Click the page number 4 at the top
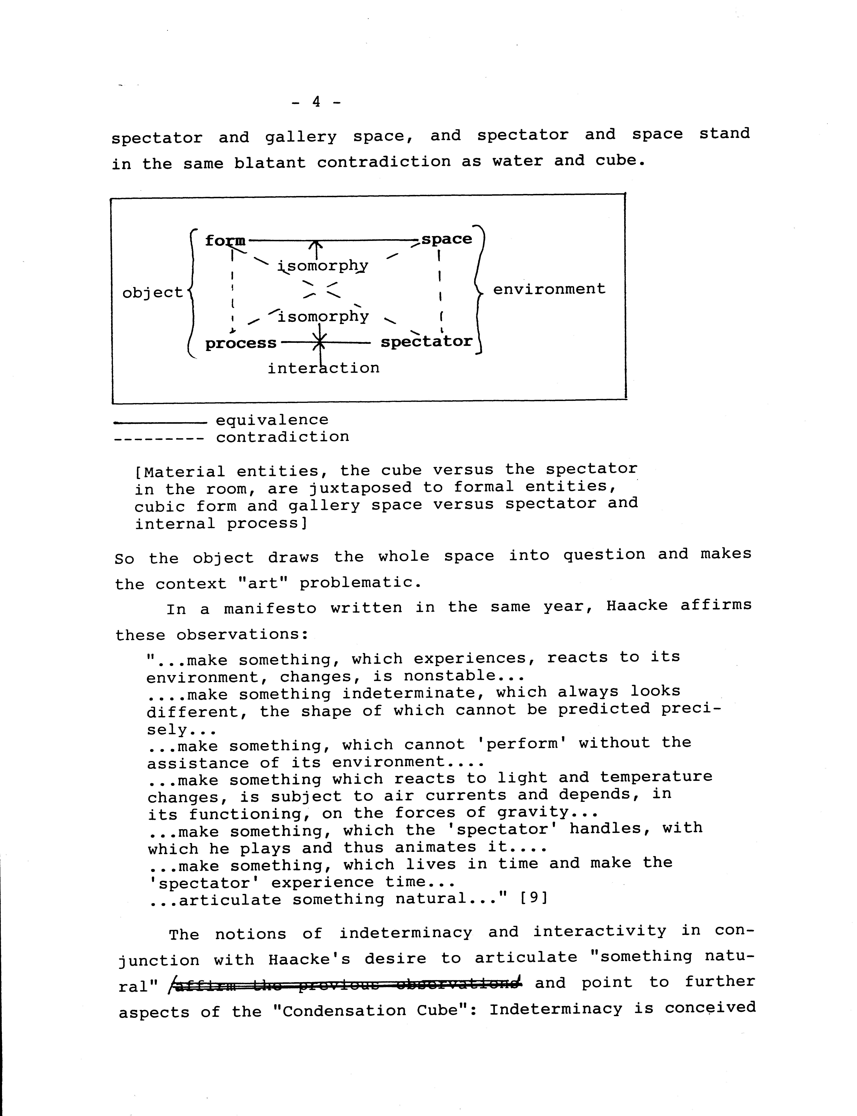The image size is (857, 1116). tap(316, 102)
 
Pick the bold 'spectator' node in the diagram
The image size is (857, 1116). tap(426, 342)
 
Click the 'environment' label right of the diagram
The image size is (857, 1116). tap(549, 289)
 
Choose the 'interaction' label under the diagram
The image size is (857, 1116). tap(323, 368)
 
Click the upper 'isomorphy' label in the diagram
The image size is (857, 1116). tap(323, 265)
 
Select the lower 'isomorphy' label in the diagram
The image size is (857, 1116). tap(323, 317)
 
